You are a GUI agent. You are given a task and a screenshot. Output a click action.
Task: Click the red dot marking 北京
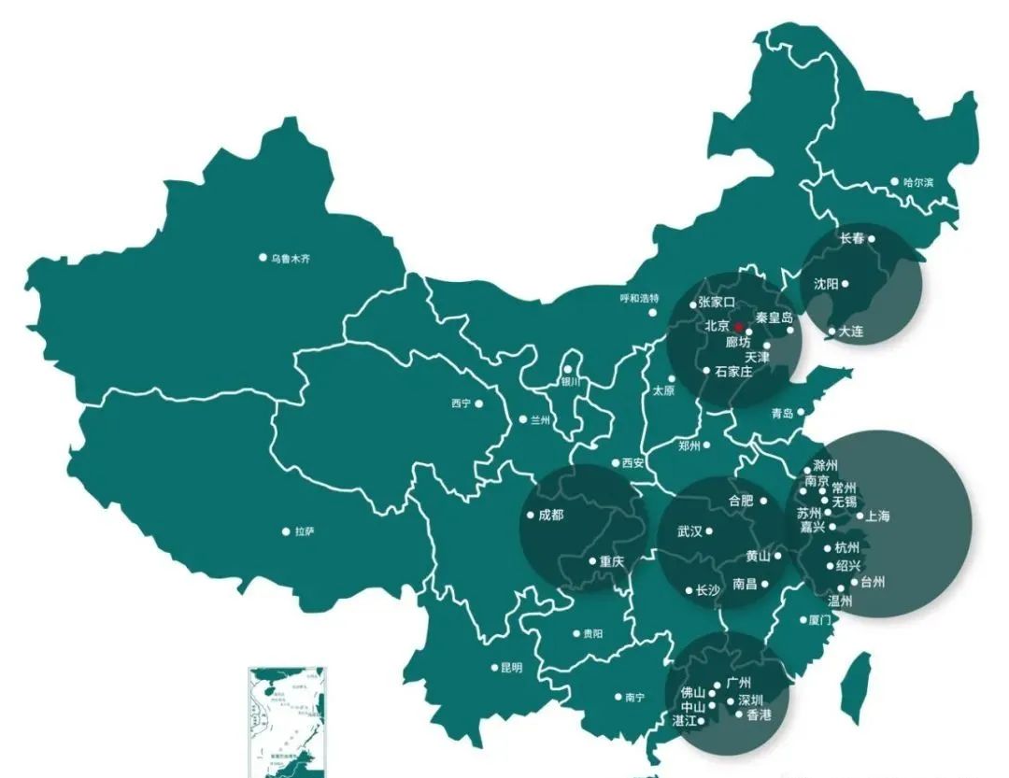coord(737,327)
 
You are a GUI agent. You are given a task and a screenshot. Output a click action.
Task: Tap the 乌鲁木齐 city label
coord(290,258)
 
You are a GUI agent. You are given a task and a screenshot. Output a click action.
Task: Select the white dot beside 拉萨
coord(286,531)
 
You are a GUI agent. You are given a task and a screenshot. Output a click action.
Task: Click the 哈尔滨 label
coord(917,182)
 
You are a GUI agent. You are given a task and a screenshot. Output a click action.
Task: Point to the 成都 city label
coord(551,515)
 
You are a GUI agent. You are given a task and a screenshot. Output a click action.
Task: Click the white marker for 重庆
coord(592,561)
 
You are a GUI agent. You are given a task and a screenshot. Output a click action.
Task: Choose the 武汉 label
coord(689,531)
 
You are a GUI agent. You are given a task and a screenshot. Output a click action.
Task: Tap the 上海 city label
coord(878,516)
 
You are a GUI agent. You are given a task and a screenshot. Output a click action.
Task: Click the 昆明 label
coord(512,668)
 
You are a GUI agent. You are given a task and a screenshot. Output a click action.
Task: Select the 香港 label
coord(760,715)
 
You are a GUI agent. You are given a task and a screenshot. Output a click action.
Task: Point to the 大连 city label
coord(851,331)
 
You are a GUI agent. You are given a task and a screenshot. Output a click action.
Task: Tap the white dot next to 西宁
coord(479,403)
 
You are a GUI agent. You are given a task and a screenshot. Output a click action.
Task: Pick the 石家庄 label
coord(733,371)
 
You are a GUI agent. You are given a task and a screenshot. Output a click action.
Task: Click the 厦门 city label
coord(819,619)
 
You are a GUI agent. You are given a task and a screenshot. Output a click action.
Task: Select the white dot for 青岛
coord(801,412)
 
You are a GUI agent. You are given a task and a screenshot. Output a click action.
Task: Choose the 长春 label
coord(851,238)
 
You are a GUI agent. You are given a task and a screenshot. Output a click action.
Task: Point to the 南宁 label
coord(634,698)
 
